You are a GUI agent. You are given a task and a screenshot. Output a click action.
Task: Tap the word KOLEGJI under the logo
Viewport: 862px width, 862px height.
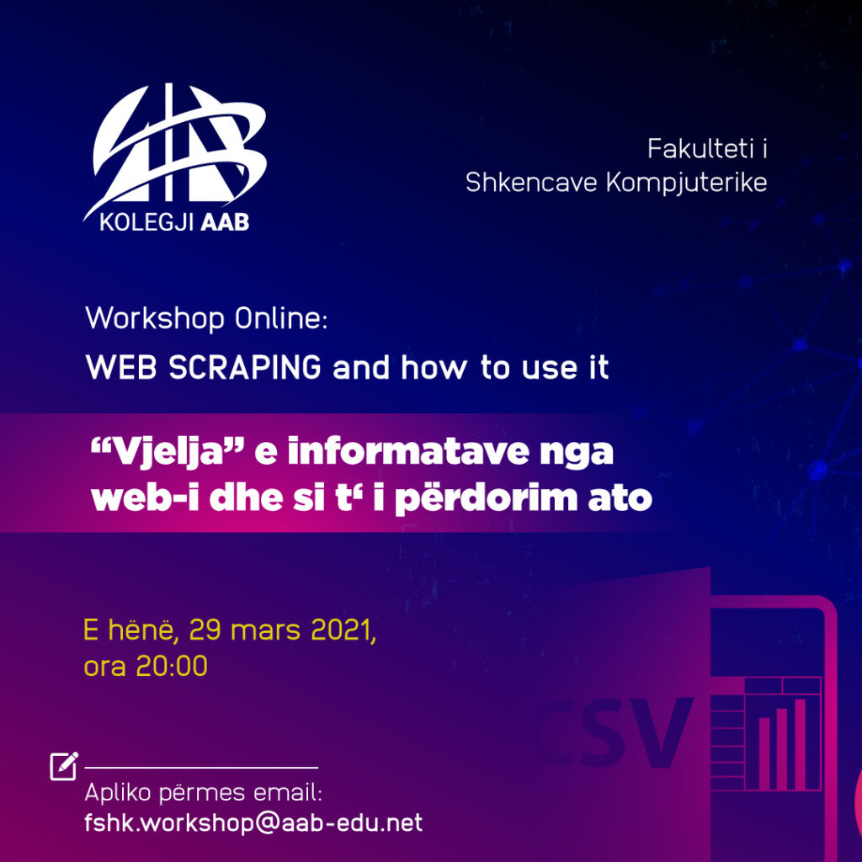[x=146, y=222]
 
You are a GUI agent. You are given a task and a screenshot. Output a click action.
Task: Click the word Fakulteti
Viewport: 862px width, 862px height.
[x=700, y=149]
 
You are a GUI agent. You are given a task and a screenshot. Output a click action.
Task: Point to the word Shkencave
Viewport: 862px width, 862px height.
[x=531, y=183]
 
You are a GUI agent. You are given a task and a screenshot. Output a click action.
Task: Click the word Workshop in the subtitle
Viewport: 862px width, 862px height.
[x=155, y=319]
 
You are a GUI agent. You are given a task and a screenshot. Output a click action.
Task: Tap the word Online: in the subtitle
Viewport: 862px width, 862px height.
[x=281, y=318]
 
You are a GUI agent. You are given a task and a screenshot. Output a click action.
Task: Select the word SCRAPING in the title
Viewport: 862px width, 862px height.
[x=245, y=367]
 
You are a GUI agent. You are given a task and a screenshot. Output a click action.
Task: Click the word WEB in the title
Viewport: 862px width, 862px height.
[x=121, y=367]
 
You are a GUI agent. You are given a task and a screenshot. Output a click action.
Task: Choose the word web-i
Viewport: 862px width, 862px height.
[x=145, y=498]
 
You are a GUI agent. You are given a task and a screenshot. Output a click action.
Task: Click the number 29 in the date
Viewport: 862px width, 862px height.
[x=205, y=630]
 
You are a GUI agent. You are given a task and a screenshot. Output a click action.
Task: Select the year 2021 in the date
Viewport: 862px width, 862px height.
[x=341, y=630]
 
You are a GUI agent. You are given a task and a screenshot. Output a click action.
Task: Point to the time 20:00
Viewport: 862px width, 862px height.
[x=172, y=667]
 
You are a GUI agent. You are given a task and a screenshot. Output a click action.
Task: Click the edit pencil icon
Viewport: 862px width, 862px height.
[x=64, y=766]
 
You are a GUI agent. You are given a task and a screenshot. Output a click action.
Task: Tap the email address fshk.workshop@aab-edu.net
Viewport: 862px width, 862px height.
[x=253, y=823]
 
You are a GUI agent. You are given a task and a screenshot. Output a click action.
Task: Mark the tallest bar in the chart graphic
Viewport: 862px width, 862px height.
[x=800, y=744]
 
